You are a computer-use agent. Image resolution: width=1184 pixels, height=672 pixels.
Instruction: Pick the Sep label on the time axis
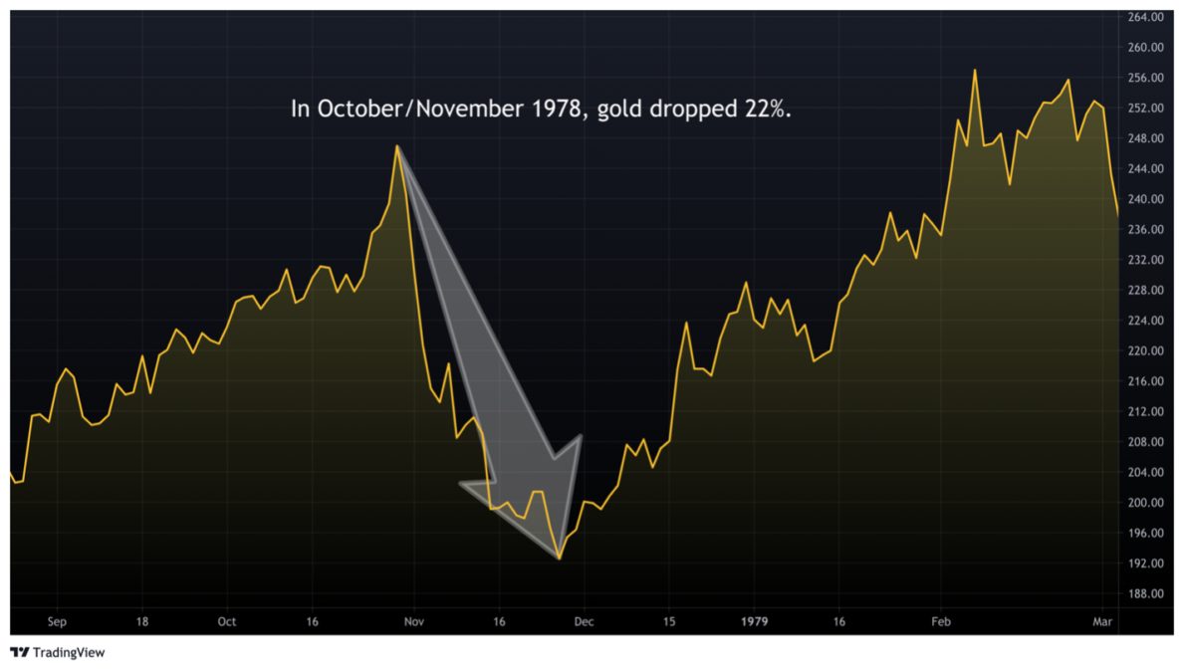(x=57, y=622)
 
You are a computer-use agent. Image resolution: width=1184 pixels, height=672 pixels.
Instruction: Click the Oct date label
(x=227, y=622)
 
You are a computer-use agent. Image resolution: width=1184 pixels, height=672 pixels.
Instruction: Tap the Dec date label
(x=584, y=622)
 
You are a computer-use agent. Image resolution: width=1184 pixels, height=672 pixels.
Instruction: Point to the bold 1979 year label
(x=755, y=622)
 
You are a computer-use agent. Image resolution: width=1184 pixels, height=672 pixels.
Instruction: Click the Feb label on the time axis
(x=941, y=622)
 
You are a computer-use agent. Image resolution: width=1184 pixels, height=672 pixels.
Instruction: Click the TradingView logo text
(x=69, y=653)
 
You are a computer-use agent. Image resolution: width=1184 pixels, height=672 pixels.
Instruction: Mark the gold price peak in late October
(x=397, y=146)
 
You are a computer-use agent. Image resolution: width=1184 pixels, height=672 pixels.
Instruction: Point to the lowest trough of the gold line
(x=560, y=559)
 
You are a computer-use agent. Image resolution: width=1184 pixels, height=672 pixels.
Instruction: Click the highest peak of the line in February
(x=974, y=70)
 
